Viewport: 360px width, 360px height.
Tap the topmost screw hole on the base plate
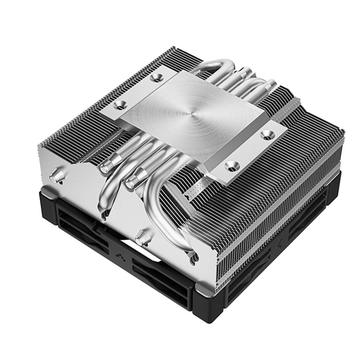pyautogui.click(x=158, y=77)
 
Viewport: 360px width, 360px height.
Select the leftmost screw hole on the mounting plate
pyautogui.click(x=120, y=105)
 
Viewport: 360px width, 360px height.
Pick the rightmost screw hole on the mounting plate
pyautogui.click(x=267, y=135)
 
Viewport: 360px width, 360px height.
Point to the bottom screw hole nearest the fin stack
pyautogui.click(x=232, y=165)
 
